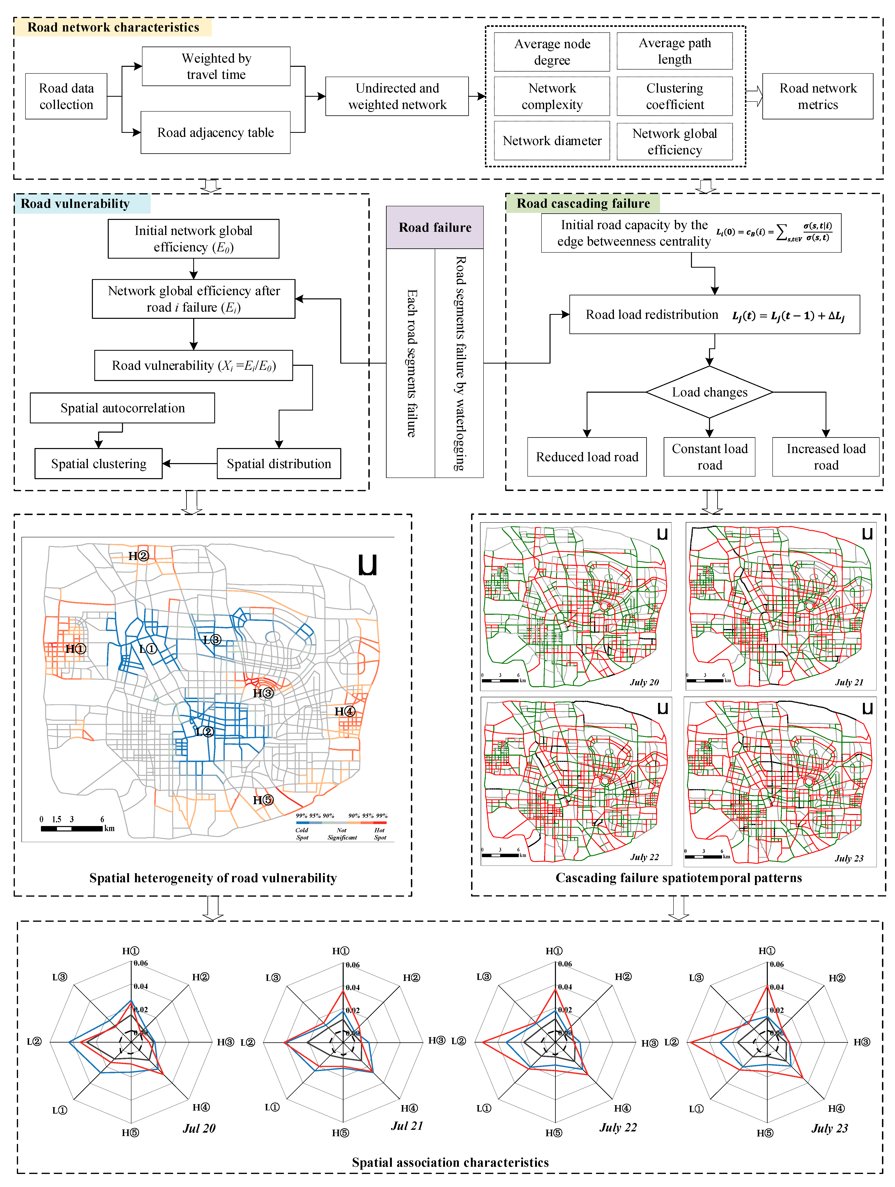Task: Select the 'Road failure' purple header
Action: pyautogui.click(x=435, y=228)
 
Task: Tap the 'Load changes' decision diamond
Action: pyautogui.click(x=709, y=392)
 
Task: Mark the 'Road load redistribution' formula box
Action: pyautogui.click(x=714, y=315)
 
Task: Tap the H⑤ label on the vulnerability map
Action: pyautogui.click(x=263, y=800)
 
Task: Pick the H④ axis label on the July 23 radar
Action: pyautogui.click(x=836, y=1109)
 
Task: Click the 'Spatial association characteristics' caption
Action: pyautogui.click(x=450, y=1162)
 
